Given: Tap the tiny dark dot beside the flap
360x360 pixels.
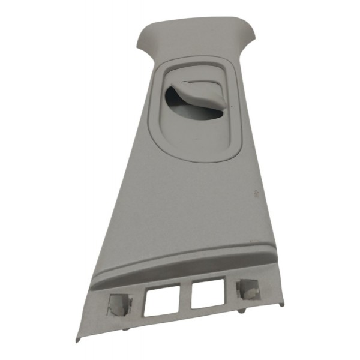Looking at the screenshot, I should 228,109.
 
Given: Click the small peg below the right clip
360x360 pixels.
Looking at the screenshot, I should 241,311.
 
